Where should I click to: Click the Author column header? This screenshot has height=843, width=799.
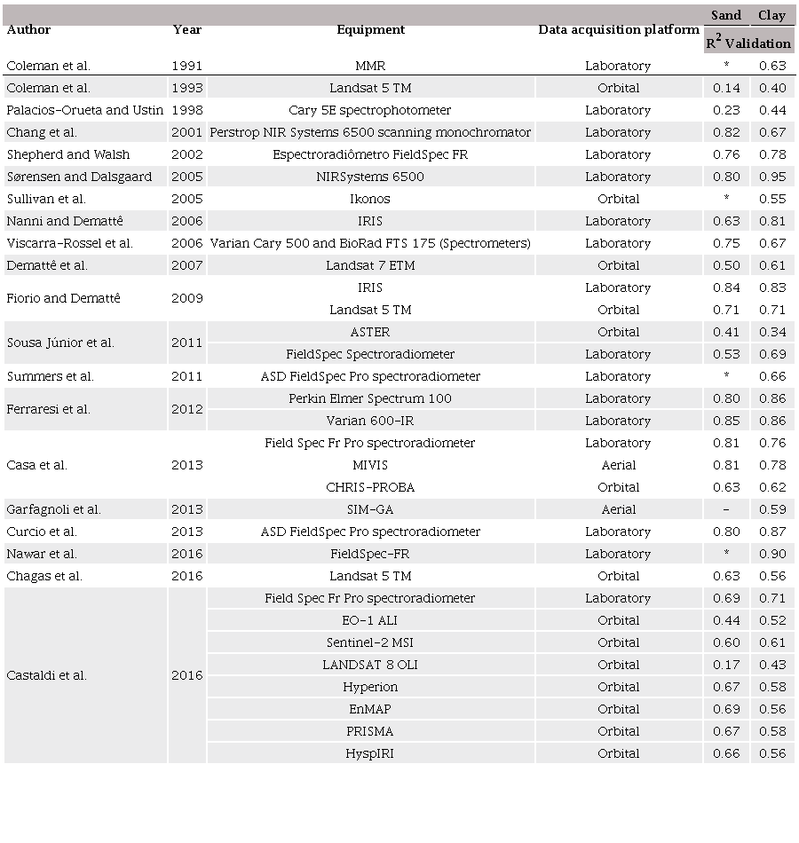click(28, 29)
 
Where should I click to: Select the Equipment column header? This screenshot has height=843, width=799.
click(370, 29)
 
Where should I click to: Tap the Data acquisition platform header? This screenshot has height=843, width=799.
click(618, 29)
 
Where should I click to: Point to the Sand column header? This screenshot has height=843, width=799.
click(726, 15)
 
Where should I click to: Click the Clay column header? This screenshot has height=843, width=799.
click(771, 15)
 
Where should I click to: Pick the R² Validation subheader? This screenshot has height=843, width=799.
click(748, 42)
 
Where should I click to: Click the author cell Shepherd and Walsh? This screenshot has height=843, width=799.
click(68, 154)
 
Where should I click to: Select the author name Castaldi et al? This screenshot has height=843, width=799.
click(46, 675)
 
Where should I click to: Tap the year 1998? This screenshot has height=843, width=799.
click(186, 110)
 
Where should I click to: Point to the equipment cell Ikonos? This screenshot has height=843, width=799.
click(370, 199)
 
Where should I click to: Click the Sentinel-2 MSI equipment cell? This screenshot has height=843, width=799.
click(370, 642)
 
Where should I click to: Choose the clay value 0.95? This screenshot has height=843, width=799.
click(772, 177)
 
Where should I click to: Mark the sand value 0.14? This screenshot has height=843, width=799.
click(726, 88)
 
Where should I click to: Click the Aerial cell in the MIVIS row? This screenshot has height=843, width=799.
click(618, 465)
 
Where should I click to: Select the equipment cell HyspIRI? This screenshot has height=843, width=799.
click(370, 753)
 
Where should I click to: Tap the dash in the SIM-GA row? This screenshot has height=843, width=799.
click(726, 509)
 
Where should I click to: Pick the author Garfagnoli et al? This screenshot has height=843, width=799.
click(53, 509)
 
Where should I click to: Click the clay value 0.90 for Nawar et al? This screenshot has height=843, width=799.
click(772, 554)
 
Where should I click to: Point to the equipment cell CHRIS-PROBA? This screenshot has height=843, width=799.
click(370, 487)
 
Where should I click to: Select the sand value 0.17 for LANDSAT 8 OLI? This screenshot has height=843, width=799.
click(726, 665)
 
